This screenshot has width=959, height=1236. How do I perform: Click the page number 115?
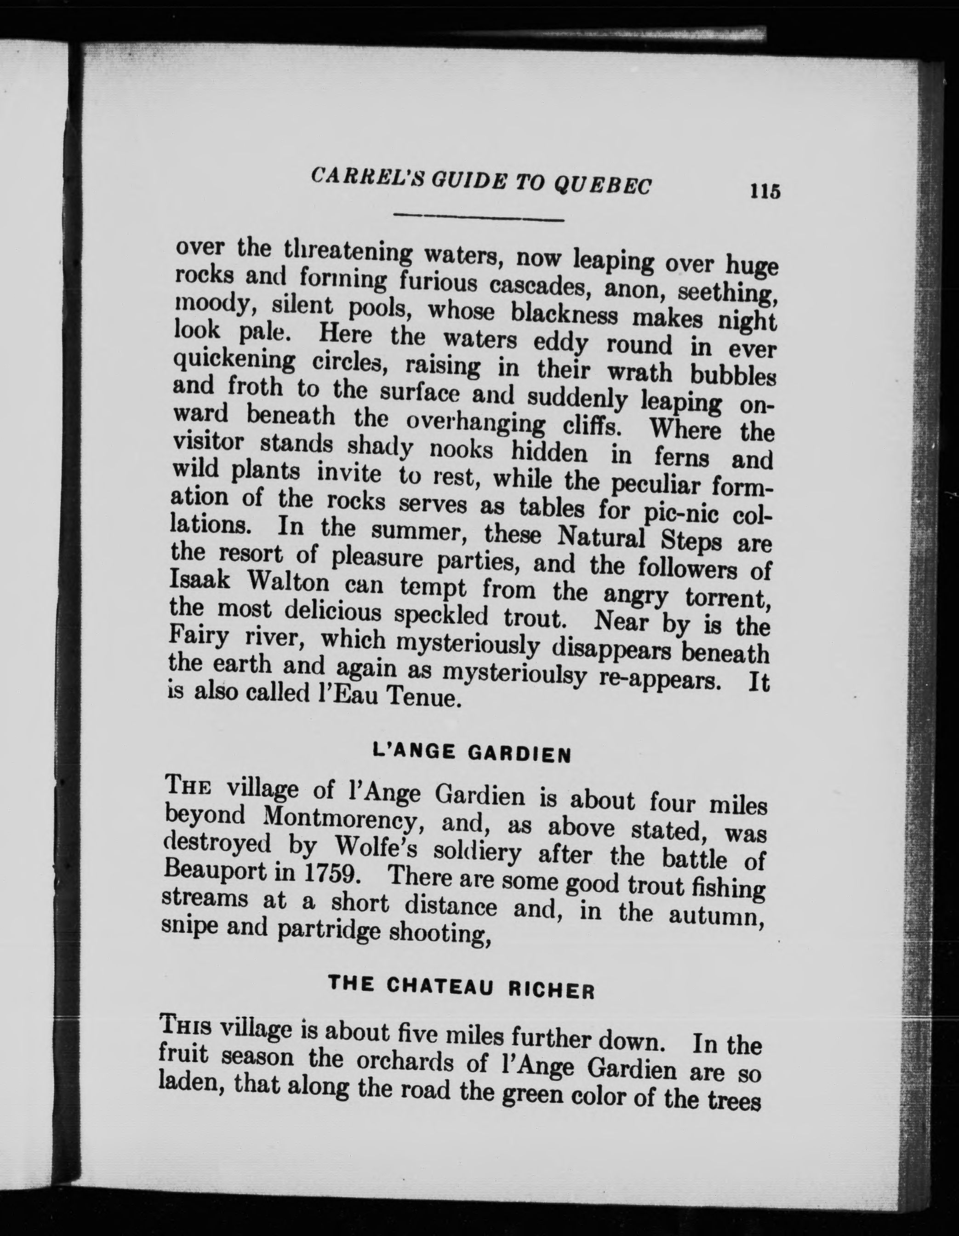765,191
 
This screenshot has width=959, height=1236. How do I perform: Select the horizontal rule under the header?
479,217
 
